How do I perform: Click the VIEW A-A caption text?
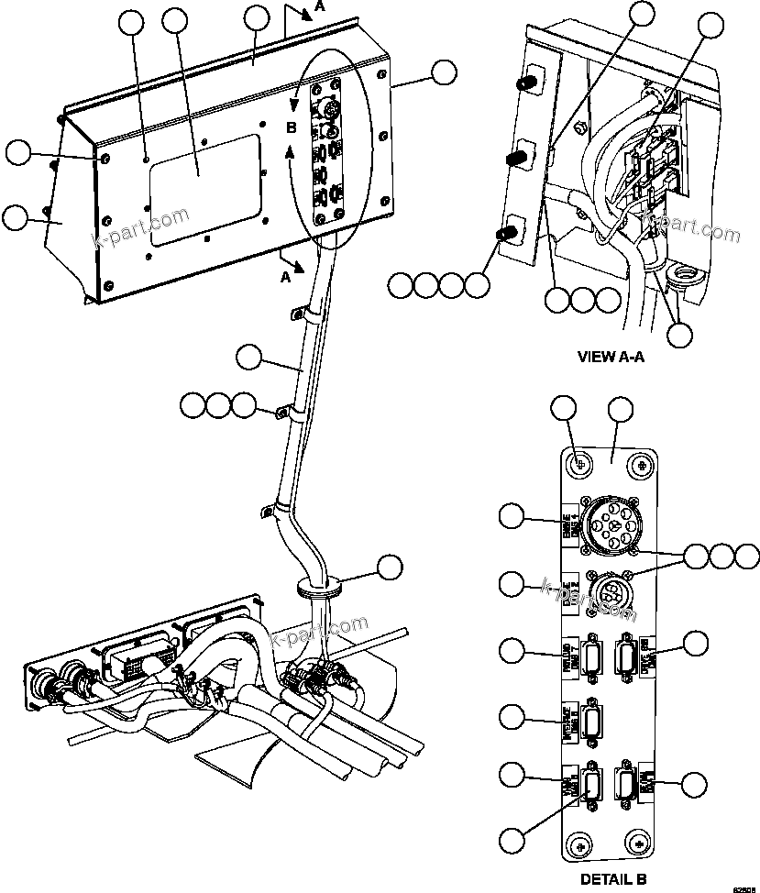(x=611, y=357)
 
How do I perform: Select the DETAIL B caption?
(x=613, y=878)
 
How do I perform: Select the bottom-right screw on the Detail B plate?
(x=639, y=843)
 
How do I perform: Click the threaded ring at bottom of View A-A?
(x=683, y=274)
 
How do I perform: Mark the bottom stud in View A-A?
(x=503, y=235)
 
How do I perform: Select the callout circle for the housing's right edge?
(x=445, y=73)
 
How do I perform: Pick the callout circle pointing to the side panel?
(x=17, y=217)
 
